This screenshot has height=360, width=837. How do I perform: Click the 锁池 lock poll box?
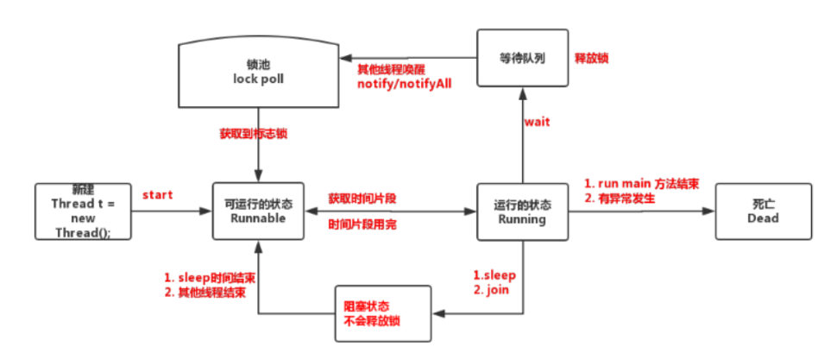(x=259, y=73)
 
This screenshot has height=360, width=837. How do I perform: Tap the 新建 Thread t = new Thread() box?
(x=81, y=212)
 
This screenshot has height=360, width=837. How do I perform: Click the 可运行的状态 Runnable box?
(x=258, y=212)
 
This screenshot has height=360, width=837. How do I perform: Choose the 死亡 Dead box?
(x=763, y=212)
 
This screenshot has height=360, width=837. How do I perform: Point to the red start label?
(x=158, y=195)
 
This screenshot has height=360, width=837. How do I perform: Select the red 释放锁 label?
(x=592, y=60)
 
